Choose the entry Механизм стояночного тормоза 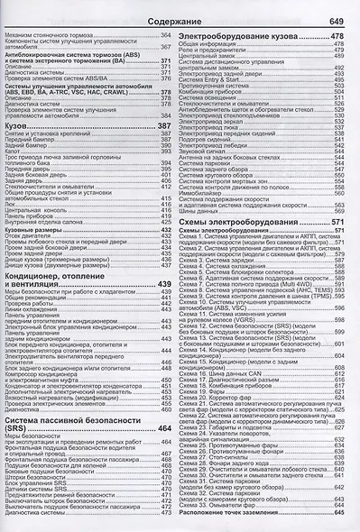point(45,33)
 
